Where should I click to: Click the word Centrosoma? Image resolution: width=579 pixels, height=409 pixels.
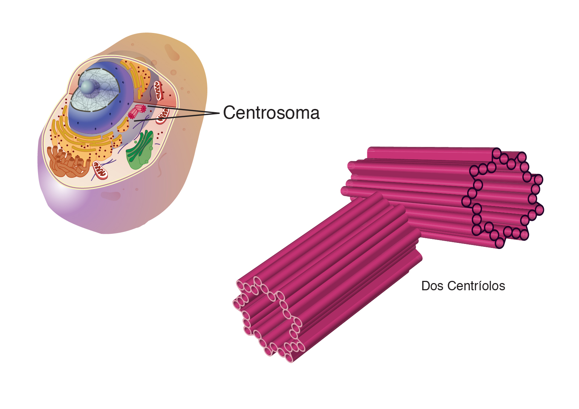tap(271, 113)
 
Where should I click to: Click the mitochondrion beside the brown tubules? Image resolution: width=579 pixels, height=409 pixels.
tap(100, 170)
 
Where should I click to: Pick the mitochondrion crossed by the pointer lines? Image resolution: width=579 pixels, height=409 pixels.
tap(162, 116)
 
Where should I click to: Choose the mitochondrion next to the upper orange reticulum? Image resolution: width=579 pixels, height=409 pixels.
tap(159, 91)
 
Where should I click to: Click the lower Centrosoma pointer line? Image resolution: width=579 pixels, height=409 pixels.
tap(177, 117)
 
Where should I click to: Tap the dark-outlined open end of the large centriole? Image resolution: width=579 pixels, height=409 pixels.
tap(503, 198)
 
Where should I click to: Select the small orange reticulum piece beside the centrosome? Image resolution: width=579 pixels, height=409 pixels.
tap(123, 125)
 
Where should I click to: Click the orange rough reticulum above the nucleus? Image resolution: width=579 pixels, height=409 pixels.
tap(136, 77)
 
